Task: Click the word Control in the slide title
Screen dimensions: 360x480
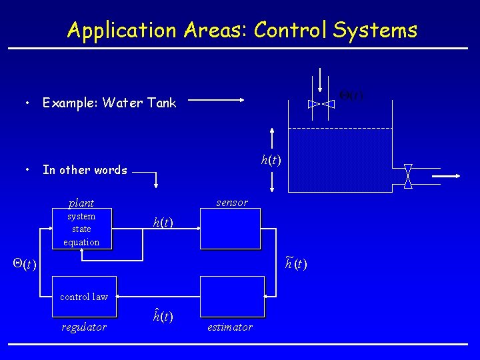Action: click(x=290, y=30)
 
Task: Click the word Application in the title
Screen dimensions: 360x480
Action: click(x=121, y=31)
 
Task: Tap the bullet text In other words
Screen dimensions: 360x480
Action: click(x=85, y=170)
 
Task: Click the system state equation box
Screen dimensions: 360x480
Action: click(x=81, y=229)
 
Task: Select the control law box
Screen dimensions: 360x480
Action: click(x=84, y=296)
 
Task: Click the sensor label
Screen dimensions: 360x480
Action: click(x=232, y=203)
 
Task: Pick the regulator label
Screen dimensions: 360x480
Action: click(x=84, y=327)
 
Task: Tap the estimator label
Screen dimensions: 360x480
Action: click(x=230, y=327)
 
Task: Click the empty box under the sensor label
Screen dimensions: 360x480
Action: click(x=231, y=228)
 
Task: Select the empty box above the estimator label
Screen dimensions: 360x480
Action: click(x=231, y=296)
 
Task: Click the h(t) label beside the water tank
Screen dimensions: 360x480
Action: click(x=271, y=160)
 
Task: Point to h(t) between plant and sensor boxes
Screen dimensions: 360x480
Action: click(x=163, y=223)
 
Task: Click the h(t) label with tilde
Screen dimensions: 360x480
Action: click(x=296, y=263)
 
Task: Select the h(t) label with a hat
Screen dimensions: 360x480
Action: click(x=163, y=316)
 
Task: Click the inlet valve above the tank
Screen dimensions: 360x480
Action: click(x=321, y=103)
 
